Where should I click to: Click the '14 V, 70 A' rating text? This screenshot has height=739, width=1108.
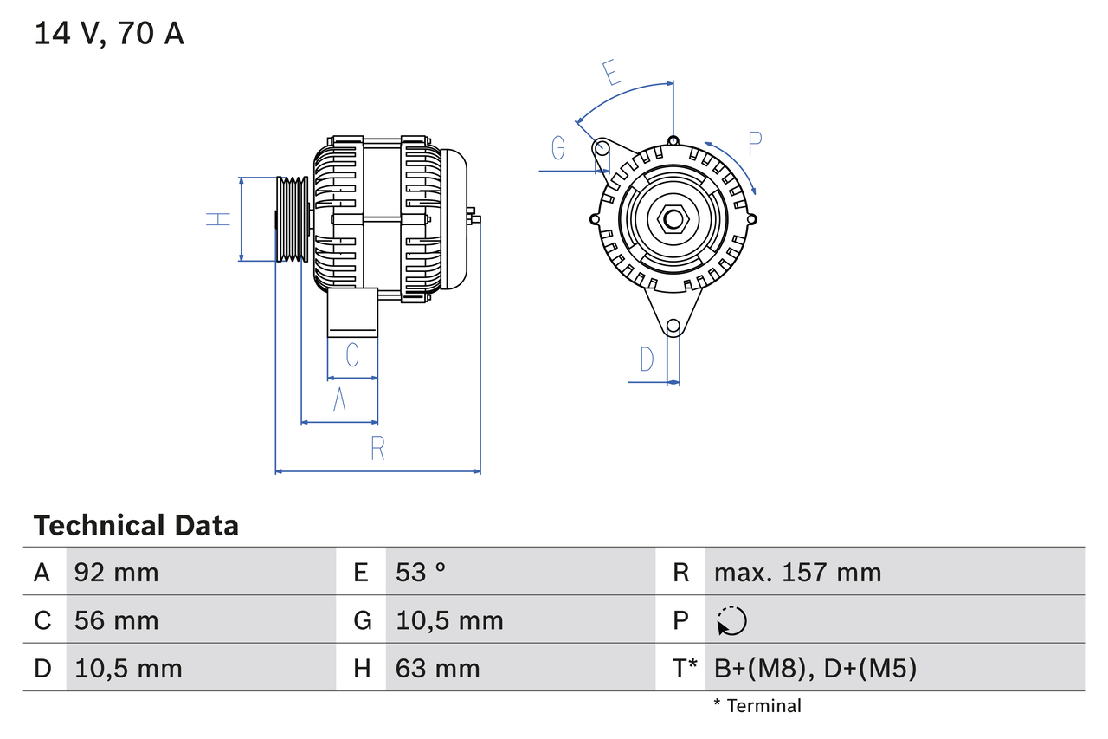click(x=109, y=34)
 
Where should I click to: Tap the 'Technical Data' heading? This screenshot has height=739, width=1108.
click(x=136, y=526)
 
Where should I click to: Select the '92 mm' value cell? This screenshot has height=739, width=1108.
click(x=117, y=572)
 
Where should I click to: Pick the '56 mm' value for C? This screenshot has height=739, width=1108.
click(x=117, y=620)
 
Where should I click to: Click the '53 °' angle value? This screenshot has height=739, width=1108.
click(x=422, y=572)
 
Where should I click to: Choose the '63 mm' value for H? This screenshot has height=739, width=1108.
click(x=437, y=668)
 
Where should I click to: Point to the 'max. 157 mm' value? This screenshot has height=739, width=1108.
click(x=797, y=572)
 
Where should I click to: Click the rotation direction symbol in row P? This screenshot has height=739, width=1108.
click(x=731, y=620)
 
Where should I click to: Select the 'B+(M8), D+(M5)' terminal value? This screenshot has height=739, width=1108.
click(x=815, y=668)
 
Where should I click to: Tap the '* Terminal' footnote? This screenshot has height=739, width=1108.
click(x=757, y=706)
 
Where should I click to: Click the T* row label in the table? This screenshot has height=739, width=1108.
click(x=685, y=668)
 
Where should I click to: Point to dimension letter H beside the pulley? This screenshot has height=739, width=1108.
click(x=219, y=219)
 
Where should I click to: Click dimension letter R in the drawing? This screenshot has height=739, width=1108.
click(x=377, y=449)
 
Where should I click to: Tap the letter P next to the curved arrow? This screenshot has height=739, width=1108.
click(x=755, y=144)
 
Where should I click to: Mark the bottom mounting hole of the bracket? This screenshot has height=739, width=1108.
click(x=673, y=327)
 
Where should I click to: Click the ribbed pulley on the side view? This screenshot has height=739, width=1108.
click(x=293, y=219)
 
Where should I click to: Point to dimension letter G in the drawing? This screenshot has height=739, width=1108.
click(x=558, y=149)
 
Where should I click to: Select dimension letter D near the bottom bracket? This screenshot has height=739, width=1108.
click(x=647, y=359)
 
